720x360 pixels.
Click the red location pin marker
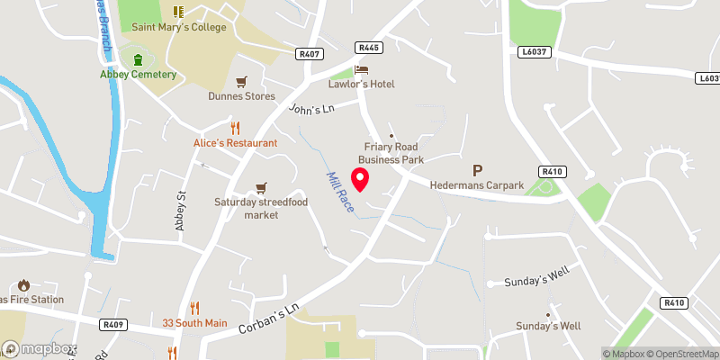[x=359, y=179]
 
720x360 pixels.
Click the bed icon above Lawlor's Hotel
[x=361, y=68]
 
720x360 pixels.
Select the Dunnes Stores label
[x=241, y=96]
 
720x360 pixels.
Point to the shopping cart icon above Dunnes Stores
[x=241, y=81]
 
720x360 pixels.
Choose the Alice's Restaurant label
[x=236, y=143]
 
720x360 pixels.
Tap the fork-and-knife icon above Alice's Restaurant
[x=236, y=128]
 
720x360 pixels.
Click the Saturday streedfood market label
[x=262, y=209]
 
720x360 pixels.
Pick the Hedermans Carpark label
[x=477, y=185]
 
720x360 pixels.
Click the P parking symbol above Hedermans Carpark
[x=477, y=169]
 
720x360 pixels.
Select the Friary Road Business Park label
[x=391, y=153]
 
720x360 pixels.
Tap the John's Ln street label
[x=311, y=109]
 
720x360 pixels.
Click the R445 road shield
[x=366, y=47]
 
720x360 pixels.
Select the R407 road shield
[x=308, y=54]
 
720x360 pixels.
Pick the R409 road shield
[x=112, y=323]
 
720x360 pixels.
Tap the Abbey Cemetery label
[x=138, y=74]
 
